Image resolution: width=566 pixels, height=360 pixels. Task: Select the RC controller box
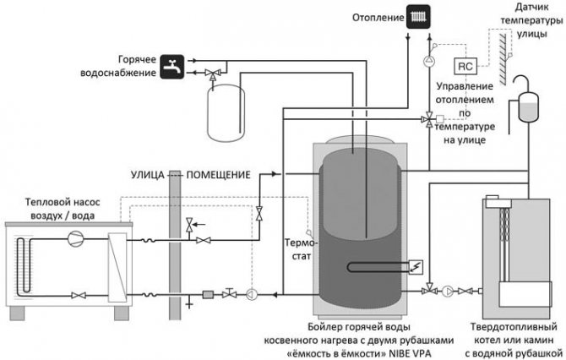coord(465,65)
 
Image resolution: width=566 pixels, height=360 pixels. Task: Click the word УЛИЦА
coord(148,175)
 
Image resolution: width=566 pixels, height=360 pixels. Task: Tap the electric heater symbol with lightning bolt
coord(414,265)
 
